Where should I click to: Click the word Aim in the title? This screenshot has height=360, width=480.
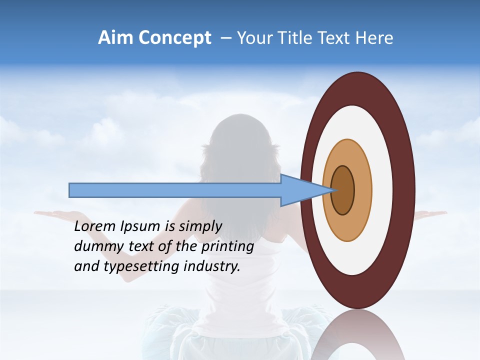pos(115,38)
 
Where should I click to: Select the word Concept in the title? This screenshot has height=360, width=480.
pos(174,38)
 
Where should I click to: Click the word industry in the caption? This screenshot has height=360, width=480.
pos(212,266)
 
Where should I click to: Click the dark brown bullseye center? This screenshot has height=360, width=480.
pos(343,190)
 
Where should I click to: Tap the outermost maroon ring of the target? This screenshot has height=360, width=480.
pos(406,190)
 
